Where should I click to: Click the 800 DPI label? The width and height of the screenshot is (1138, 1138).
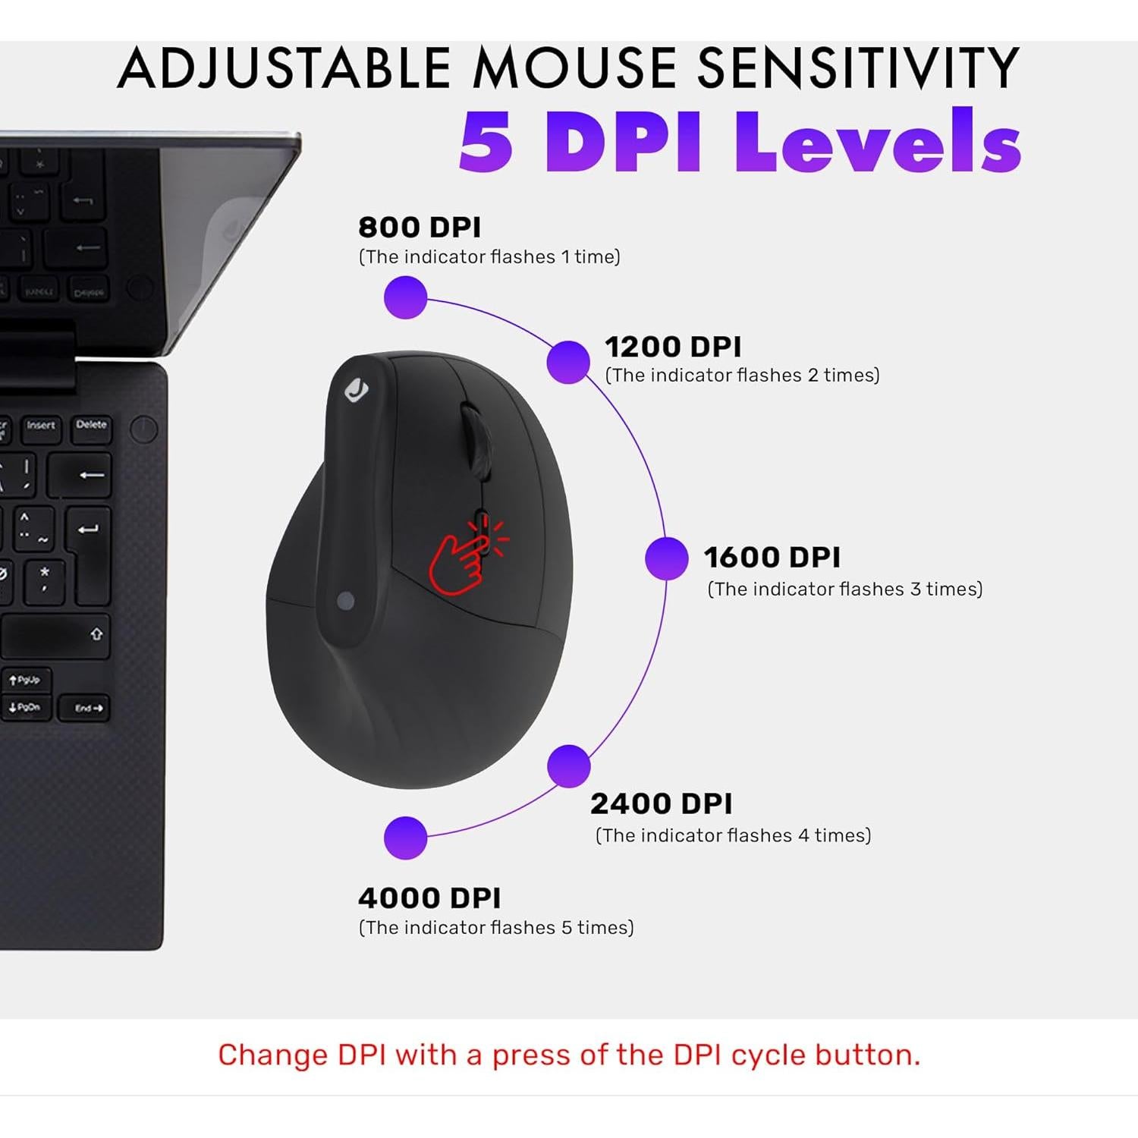[x=420, y=227]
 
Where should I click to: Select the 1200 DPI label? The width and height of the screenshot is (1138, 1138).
[x=673, y=347]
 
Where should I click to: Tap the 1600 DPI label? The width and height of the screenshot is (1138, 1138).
[x=772, y=557]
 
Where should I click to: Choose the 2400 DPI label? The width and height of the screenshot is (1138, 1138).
[x=661, y=803]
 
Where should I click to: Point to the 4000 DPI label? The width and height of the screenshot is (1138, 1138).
[x=429, y=898]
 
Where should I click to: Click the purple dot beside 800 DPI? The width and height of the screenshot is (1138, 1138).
[x=406, y=297]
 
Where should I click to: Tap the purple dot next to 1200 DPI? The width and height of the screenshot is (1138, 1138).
[x=568, y=362]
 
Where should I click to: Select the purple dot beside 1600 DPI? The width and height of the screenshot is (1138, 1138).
[x=667, y=558]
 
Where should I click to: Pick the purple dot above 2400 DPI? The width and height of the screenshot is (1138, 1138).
[x=569, y=766]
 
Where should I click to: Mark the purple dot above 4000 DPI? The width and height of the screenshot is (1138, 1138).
[x=406, y=838]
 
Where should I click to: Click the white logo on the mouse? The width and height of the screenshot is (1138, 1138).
[x=357, y=391]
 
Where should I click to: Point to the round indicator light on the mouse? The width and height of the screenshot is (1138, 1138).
[x=346, y=601]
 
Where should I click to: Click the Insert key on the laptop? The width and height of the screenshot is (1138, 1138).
[x=41, y=427]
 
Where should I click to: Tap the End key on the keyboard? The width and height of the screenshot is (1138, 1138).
[x=86, y=708]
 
